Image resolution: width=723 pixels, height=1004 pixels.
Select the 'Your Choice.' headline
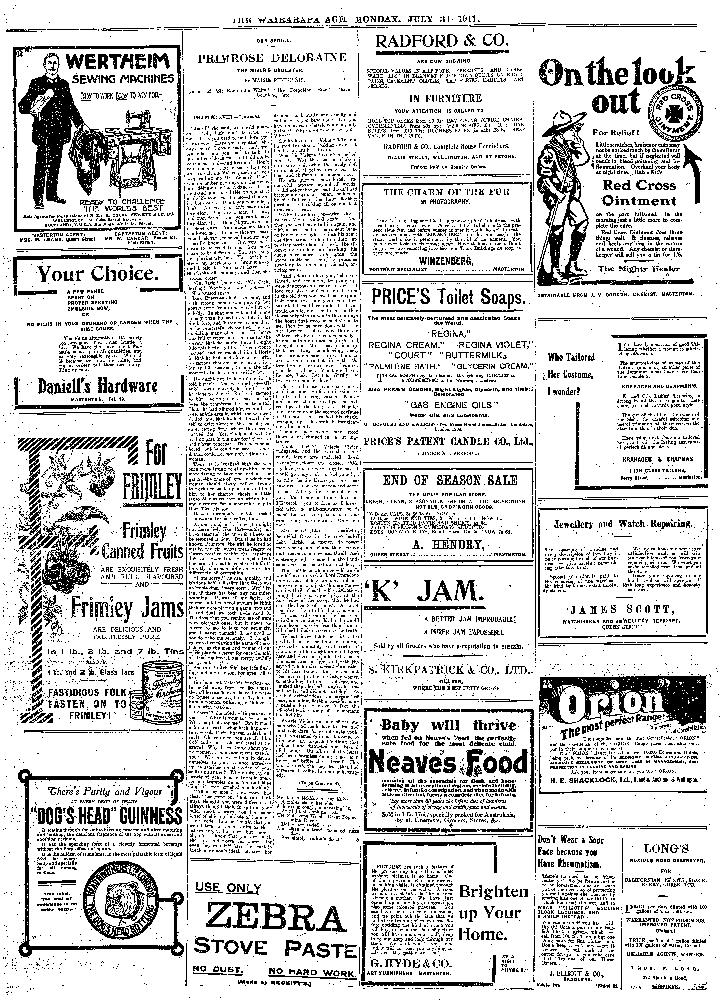pyautogui.click(x=97, y=274)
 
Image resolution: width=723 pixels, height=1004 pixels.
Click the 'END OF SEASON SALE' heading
pyautogui.click(x=446, y=480)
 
